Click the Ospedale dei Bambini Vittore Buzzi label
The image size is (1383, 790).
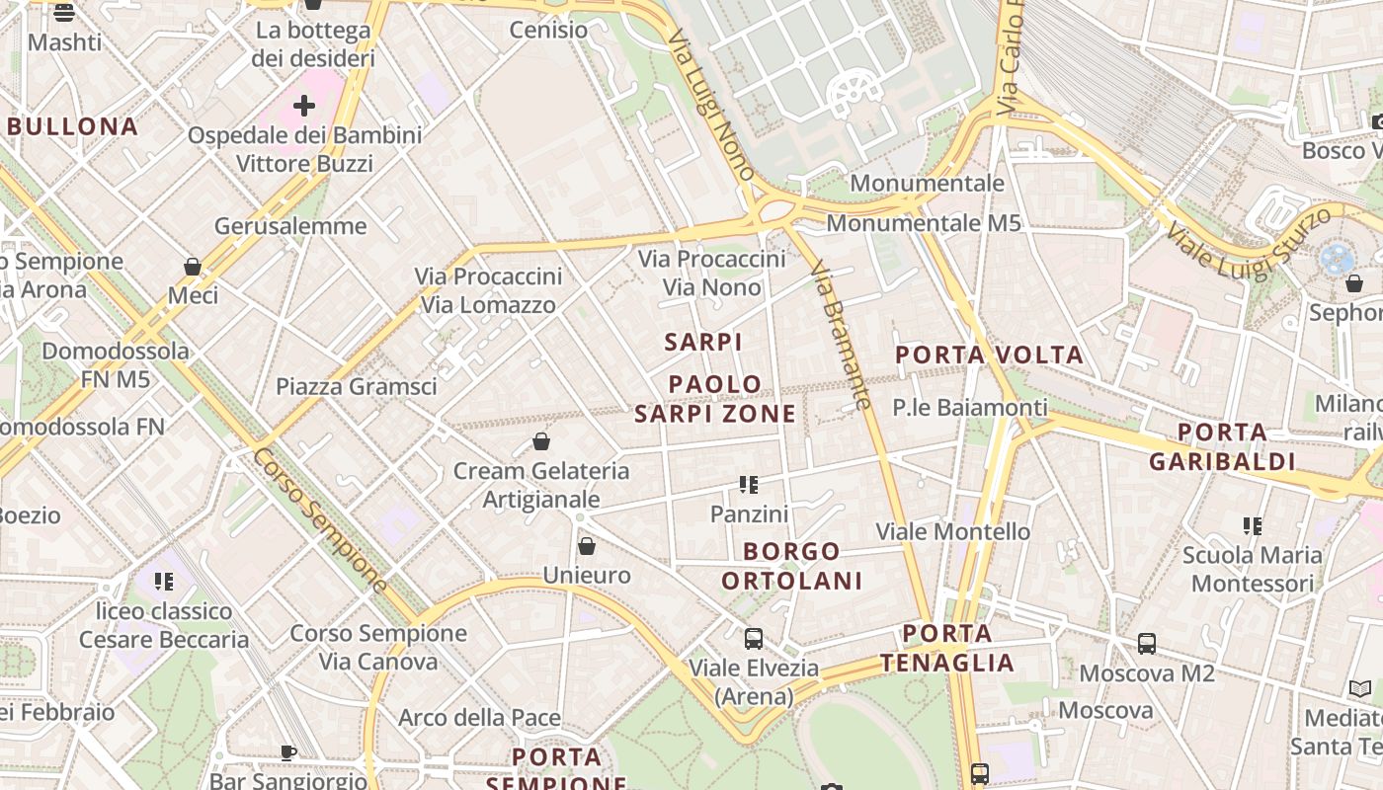[304, 149]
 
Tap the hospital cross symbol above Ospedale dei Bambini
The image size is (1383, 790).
[304, 105]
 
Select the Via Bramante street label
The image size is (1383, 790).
[841, 335]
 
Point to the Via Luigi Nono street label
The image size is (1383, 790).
[711, 104]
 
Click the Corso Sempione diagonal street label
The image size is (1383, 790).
[320, 520]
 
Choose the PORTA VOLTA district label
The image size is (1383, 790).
[989, 355]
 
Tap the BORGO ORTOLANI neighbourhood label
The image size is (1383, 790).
[791, 566]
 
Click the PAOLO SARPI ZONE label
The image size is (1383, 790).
[715, 399]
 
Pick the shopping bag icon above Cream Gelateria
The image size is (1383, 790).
[541, 441]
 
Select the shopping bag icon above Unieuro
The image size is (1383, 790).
[587, 546]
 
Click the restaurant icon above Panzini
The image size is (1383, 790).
[749, 485]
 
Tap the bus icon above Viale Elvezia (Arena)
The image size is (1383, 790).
[754, 638]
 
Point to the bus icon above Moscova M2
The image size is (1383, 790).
[1147, 644]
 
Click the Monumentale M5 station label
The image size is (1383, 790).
[923, 223]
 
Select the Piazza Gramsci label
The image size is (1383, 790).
[356, 386]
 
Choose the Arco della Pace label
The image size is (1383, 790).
[479, 718]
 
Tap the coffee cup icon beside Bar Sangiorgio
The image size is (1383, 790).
[288, 753]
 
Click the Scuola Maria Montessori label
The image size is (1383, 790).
[1253, 569]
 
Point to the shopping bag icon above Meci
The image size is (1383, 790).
[193, 268]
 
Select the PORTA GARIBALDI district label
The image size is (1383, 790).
[1222, 446]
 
